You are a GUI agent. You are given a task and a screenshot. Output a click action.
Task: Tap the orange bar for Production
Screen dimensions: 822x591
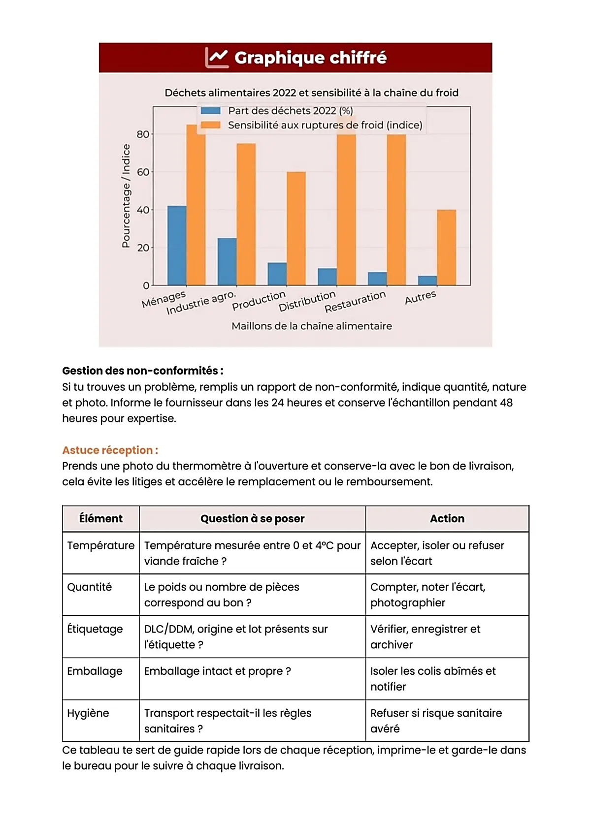[x=296, y=228]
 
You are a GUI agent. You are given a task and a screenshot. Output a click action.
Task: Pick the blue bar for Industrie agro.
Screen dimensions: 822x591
[x=227, y=261]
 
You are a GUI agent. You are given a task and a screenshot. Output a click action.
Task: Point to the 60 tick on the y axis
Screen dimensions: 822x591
[x=143, y=172]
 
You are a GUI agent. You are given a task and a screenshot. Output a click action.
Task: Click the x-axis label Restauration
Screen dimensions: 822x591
[x=355, y=302]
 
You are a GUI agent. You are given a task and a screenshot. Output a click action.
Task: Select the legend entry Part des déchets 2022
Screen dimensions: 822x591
[x=290, y=111]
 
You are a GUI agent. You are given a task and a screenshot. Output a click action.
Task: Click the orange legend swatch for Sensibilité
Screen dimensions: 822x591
[x=211, y=125]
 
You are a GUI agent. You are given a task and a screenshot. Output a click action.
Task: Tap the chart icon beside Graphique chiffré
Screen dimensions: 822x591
[x=216, y=58]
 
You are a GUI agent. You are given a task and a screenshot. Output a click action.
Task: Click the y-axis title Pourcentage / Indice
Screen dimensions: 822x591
[x=126, y=195]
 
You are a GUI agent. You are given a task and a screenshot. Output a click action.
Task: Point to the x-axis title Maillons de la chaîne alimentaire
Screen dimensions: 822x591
[x=312, y=326]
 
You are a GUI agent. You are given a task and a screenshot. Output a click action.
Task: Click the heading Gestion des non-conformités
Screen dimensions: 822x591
[x=143, y=371]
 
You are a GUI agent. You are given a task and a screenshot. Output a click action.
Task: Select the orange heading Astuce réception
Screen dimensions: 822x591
[x=110, y=450]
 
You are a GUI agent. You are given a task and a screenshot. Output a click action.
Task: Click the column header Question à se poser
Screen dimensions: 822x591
[x=252, y=519]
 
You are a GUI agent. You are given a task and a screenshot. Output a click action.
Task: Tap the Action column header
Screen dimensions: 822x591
[x=447, y=519]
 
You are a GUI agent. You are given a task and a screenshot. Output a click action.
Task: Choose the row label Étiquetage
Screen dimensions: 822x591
[x=95, y=629]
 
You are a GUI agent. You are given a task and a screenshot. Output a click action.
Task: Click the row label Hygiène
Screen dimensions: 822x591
[x=88, y=713]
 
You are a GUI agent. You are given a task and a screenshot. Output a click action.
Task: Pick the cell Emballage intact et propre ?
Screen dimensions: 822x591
[x=217, y=671]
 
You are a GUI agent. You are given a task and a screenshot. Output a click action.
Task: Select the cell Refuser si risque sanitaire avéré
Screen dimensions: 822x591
[x=436, y=721]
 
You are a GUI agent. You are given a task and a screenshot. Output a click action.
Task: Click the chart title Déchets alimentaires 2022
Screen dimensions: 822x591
[x=311, y=93]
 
